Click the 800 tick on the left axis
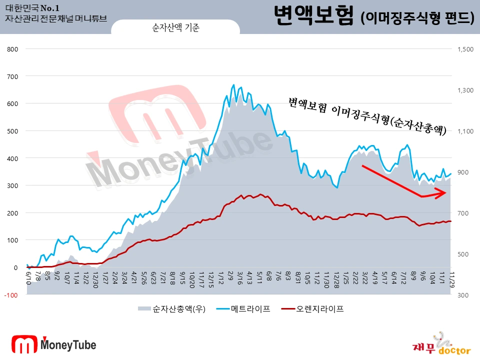pos(12,49)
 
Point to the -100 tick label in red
pos(11,295)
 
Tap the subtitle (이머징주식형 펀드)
pos(417,18)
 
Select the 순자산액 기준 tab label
pos(175,28)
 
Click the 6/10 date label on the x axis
pos(28,275)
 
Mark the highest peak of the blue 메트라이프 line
pos(233,85)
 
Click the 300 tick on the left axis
pos(12,186)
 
